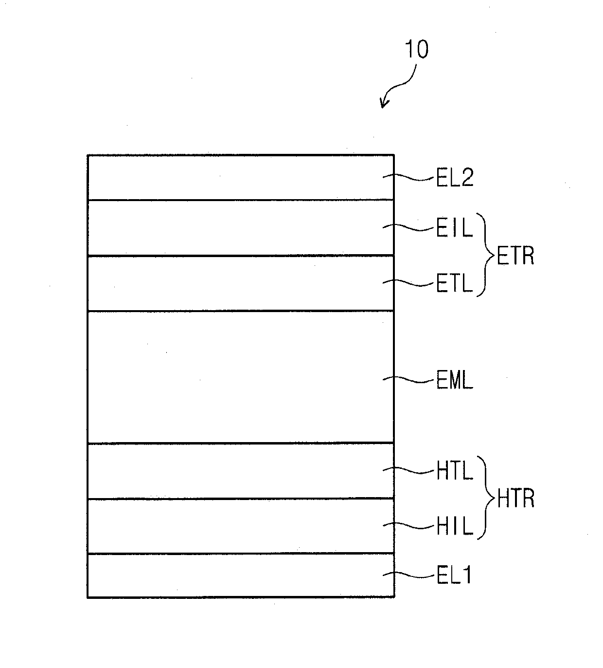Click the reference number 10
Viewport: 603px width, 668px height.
[417, 50]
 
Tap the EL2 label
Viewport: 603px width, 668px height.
[454, 179]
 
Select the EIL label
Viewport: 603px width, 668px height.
[454, 228]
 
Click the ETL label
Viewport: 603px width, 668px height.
[454, 284]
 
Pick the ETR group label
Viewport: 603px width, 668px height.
[514, 256]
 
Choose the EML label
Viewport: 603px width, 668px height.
[454, 381]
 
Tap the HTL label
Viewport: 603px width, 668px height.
[454, 471]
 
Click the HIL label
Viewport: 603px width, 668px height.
[454, 526]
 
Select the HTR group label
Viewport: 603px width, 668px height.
[514, 499]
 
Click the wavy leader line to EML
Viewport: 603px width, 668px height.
[408, 379]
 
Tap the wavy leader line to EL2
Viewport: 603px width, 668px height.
[408, 177]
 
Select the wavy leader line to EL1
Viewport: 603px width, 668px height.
[408, 575]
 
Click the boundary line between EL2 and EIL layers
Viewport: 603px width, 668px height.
[241, 200]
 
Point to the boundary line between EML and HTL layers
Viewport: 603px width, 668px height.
[241, 443]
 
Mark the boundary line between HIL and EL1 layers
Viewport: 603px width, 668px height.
[241, 554]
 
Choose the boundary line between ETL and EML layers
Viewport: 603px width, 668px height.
[241, 311]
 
